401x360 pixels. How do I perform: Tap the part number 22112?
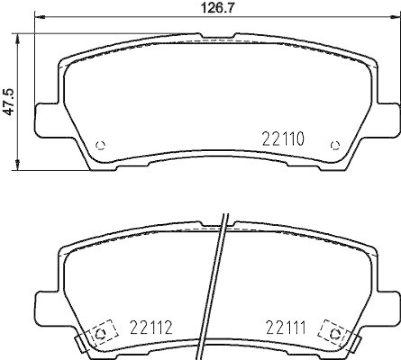click(152, 329)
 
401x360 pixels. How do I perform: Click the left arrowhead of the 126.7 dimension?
click(38, 17)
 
